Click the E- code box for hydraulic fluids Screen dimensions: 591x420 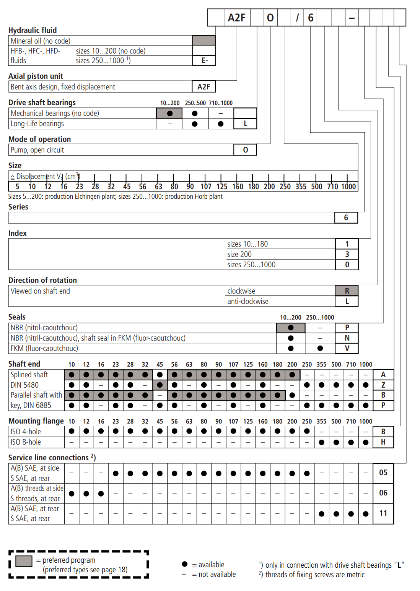204,61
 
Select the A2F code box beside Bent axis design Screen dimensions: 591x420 203,87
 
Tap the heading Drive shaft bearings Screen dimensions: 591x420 42,102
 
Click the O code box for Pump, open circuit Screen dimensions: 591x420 245,150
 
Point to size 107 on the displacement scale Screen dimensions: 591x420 206,187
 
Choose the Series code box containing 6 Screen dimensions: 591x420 346,218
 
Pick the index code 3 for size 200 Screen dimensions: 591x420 347,254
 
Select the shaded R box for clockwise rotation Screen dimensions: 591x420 347,291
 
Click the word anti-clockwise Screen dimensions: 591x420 248,301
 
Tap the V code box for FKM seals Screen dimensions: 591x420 347,348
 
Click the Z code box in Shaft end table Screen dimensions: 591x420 383,385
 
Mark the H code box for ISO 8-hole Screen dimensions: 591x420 383,442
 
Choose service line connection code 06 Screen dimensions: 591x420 383,493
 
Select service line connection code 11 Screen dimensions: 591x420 383,513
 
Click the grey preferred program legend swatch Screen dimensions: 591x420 24,561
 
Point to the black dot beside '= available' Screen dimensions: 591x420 185,564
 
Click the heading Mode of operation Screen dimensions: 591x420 40,139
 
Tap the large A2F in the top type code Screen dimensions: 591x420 236,18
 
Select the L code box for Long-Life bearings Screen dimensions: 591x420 245,123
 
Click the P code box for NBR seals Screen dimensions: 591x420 347,328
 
